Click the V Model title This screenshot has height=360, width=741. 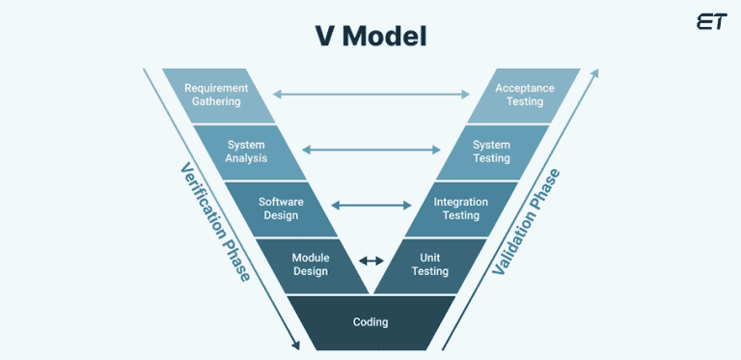point(370,37)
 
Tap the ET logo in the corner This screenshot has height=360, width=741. point(710,22)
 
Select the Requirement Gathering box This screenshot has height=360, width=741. point(216,95)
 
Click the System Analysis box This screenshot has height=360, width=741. point(246,152)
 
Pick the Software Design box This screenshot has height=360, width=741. point(280,208)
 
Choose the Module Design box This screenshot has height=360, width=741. point(311,264)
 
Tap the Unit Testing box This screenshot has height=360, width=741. point(430,264)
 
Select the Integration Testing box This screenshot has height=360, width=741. point(461,208)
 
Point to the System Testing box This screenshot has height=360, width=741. point(491,152)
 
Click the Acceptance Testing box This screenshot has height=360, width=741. point(525,95)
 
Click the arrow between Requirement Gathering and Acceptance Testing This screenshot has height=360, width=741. point(370,95)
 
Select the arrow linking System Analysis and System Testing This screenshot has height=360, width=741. point(370,150)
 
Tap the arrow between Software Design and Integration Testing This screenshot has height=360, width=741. point(370,205)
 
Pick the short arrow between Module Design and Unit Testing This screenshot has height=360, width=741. point(370,261)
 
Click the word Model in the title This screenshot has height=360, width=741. point(396,37)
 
